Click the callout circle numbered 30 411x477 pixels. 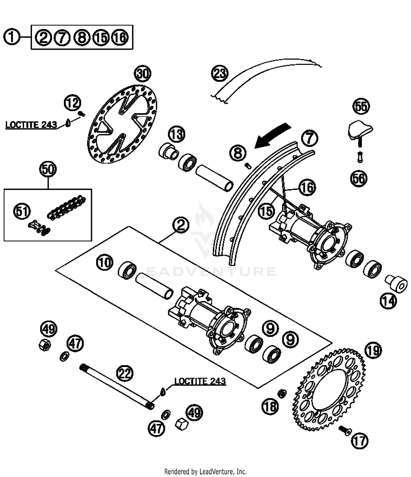click(143, 74)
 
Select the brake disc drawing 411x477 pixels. click(122, 124)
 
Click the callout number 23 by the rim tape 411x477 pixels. click(220, 73)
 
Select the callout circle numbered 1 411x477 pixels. click(12, 37)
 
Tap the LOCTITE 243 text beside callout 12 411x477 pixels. click(31, 125)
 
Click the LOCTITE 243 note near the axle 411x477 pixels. click(200, 381)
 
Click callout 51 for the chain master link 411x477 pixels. click(22, 211)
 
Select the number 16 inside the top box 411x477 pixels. click(120, 37)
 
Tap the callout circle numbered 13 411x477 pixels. click(177, 134)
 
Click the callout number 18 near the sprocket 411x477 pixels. click(270, 406)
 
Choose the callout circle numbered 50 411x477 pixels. click(48, 169)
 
